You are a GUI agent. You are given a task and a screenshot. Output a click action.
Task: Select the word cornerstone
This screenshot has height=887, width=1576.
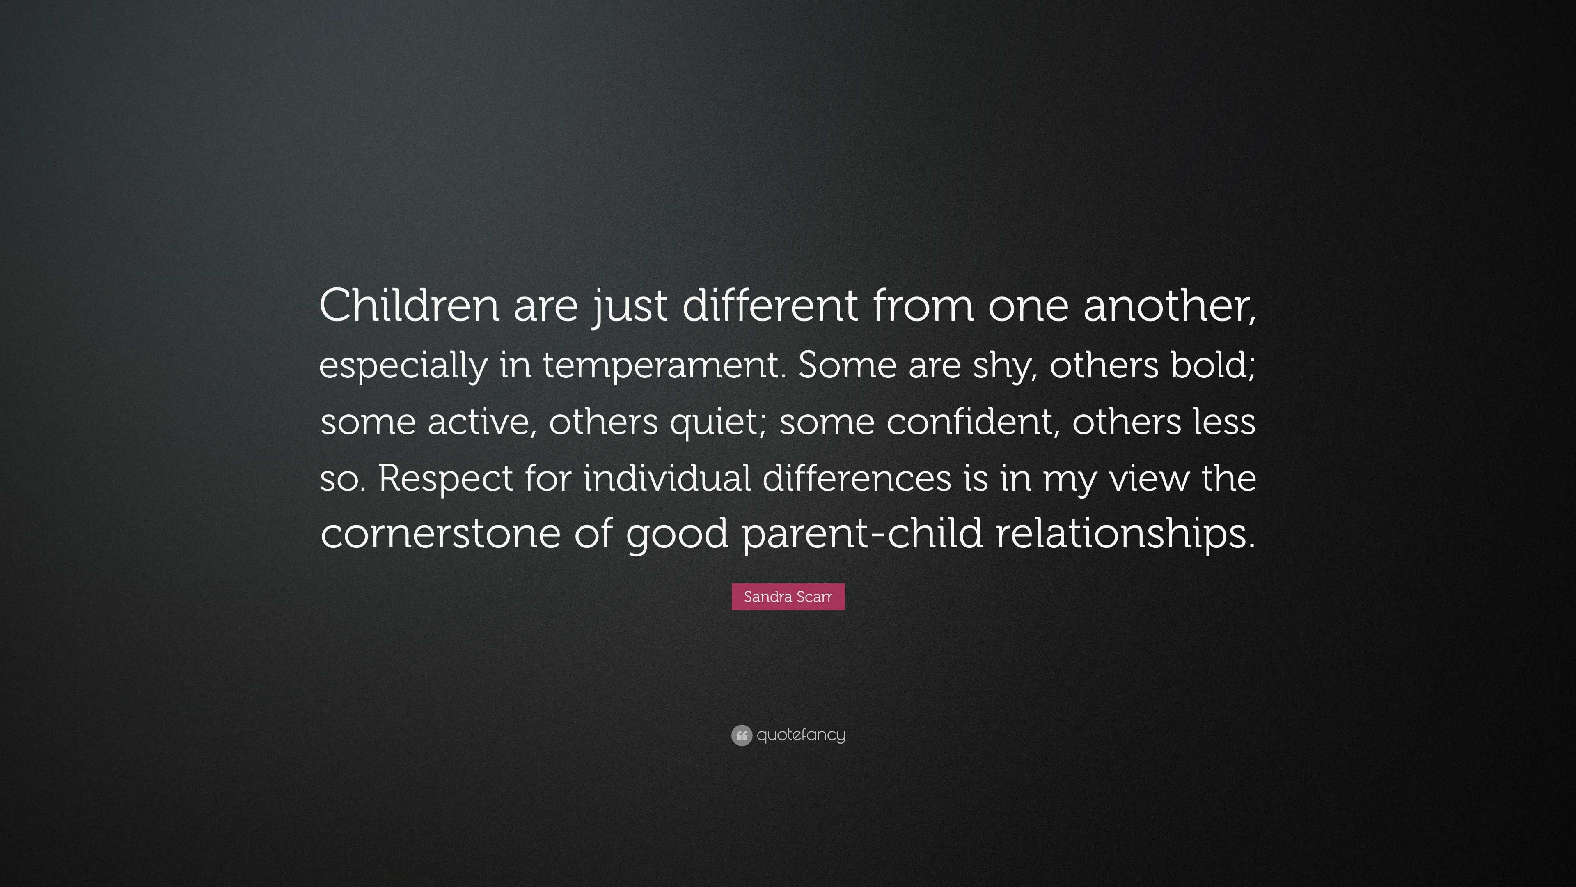click(x=440, y=533)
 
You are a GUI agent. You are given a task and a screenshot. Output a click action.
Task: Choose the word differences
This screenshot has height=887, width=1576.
click(x=857, y=478)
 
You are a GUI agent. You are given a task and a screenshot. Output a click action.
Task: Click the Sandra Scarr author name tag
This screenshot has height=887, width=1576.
click(x=788, y=597)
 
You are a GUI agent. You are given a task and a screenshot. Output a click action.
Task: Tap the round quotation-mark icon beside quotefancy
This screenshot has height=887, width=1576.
click(x=742, y=735)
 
